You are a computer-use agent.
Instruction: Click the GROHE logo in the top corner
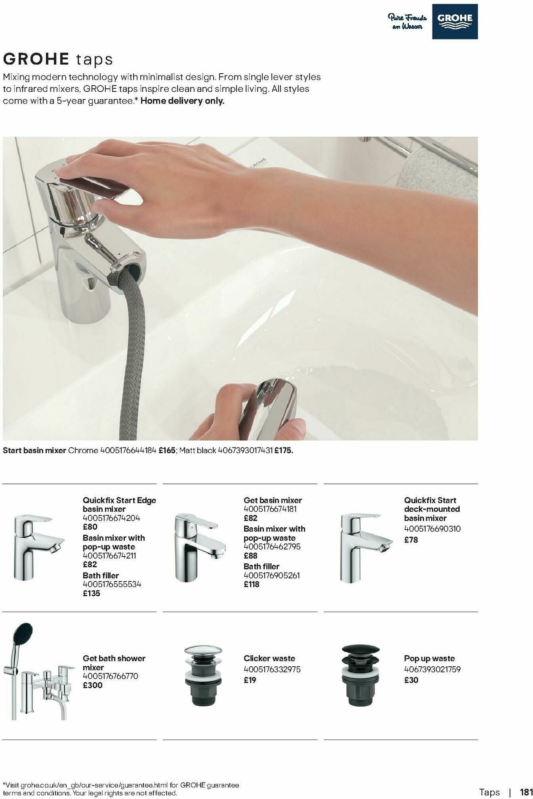455,21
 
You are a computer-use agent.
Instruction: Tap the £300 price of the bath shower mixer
92,685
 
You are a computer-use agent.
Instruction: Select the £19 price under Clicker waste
250,680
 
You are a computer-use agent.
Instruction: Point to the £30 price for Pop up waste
411,680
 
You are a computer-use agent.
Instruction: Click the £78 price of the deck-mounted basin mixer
411,540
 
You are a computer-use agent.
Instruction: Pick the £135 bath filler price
91,593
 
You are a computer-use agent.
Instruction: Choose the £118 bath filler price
251,585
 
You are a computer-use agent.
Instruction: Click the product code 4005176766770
110,676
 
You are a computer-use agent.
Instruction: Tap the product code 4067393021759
432,669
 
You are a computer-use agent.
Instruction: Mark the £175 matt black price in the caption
283,451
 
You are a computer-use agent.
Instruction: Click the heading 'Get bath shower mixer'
114,663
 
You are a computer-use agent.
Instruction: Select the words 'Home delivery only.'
183,101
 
